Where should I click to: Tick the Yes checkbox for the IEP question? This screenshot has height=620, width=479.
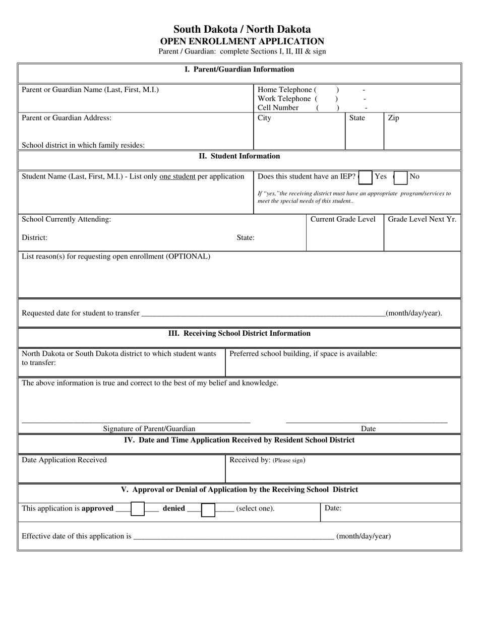point(366,178)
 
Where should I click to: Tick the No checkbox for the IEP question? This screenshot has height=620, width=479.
point(400,178)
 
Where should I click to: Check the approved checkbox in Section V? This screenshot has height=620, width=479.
point(138,509)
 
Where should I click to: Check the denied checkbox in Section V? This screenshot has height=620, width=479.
point(208,510)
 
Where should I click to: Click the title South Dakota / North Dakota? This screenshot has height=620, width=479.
point(242,29)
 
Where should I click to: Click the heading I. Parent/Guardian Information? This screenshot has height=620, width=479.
point(239,70)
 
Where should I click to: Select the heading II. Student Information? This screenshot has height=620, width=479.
point(239,156)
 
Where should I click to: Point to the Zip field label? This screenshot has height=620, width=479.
point(393,118)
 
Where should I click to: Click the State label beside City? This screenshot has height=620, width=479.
point(357,118)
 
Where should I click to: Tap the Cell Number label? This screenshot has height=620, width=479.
point(278,108)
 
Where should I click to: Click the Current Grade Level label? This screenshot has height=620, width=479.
point(343,219)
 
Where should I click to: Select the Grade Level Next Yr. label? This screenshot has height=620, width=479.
point(422,219)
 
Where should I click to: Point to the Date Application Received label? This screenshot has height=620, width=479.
point(64,460)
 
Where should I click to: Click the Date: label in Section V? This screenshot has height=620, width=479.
point(333,508)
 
